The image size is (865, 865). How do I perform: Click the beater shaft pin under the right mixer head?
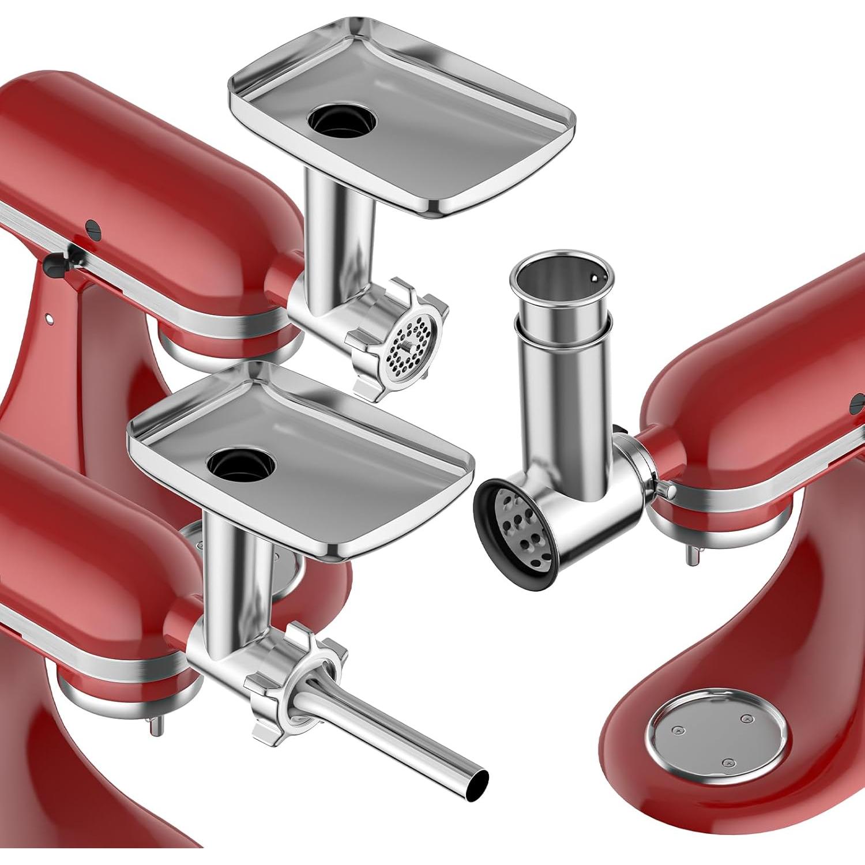693,554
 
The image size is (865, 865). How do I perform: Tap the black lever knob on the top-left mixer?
55,265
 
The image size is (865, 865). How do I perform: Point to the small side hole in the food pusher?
593,279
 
